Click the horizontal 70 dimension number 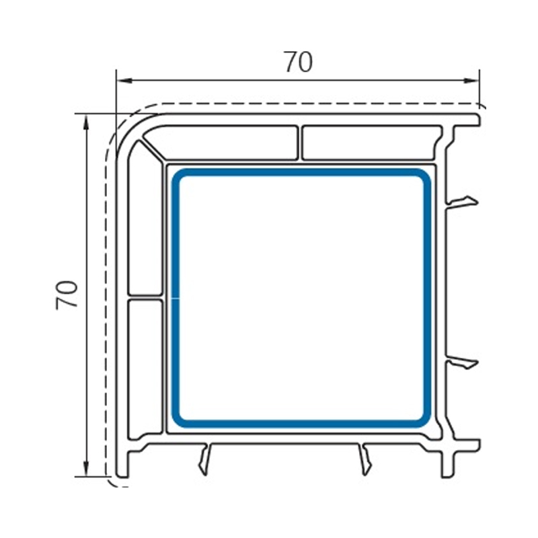299,62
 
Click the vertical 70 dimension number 67,295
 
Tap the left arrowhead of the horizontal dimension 124,81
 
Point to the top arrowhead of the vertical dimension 86,122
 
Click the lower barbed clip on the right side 462,363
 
